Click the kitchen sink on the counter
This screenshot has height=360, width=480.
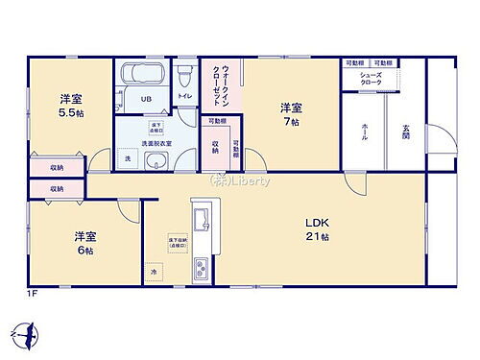[x=203, y=223]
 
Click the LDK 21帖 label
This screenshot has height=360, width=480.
[x=318, y=229]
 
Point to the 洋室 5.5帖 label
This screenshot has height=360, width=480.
[x=69, y=103]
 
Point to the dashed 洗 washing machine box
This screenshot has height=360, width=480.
[x=129, y=158]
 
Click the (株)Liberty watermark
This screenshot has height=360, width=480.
[x=240, y=180]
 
